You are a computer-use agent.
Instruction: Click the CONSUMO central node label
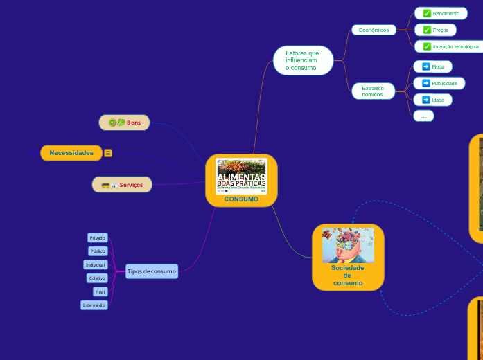(241, 199)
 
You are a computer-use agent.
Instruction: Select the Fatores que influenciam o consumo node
(303, 61)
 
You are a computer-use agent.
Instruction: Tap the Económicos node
(374, 30)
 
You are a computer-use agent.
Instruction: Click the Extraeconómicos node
(372, 91)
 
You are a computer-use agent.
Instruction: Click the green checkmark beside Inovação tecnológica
(427, 46)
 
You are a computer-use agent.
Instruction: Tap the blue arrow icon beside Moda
(425, 66)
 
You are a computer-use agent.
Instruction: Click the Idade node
(432, 100)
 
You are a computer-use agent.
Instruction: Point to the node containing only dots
(423, 116)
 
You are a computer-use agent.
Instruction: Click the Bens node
(124, 123)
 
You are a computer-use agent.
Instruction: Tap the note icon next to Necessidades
(108, 153)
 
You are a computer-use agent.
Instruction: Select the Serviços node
(122, 185)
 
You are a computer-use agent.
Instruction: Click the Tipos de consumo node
(152, 271)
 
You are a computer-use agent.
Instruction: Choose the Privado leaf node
(98, 238)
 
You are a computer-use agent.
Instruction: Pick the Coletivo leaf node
(96, 278)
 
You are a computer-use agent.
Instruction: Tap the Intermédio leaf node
(94, 305)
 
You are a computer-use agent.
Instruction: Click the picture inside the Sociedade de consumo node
(348, 246)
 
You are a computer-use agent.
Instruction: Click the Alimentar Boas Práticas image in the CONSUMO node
(241, 176)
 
